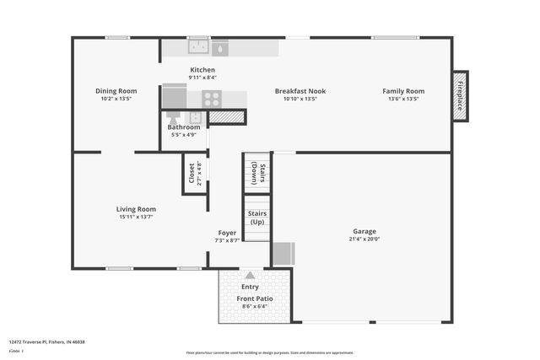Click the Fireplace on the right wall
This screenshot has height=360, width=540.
pyautogui.click(x=461, y=96)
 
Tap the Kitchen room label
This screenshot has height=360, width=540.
pyautogui.click(x=202, y=70)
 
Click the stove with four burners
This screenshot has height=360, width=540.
pyautogui.click(x=211, y=99)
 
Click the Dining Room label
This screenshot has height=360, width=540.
pyautogui.click(x=116, y=91)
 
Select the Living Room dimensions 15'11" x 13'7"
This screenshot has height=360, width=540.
pyautogui.click(x=136, y=217)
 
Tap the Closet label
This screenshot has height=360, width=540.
pyautogui.click(x=192, y=173)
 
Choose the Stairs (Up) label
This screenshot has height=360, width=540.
pyautogui.click(x=257, y=218)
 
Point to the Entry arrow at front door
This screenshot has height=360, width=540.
pyautogui.click(x=250, y=275)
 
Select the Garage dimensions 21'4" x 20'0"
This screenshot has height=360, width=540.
pyautogui.click(x=364, y=239)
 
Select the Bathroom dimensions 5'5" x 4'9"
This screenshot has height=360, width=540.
pyautogui.click(x=184, y=135)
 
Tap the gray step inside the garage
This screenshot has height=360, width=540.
pyautogui.click(x=283, y=254)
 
